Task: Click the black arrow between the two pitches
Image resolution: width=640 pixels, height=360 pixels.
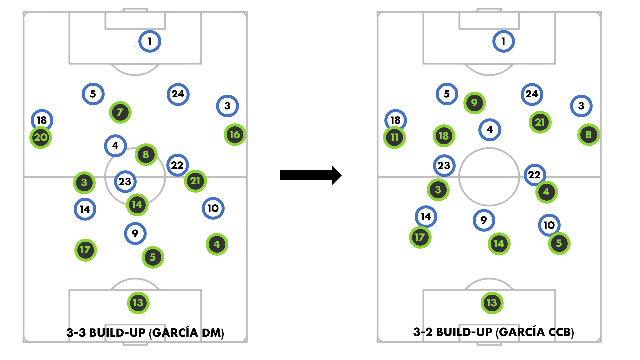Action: (310, 175)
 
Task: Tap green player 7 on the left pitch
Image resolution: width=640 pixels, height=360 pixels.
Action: (120, 112)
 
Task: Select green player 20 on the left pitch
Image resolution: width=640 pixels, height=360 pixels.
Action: (41, 137)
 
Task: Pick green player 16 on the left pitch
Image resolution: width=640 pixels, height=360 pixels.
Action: (235, 135)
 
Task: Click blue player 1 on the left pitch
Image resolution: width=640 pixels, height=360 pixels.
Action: (150, 41)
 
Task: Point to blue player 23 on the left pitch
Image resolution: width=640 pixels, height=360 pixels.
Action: (125, 182)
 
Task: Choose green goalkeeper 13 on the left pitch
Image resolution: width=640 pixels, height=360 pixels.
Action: (138, 303)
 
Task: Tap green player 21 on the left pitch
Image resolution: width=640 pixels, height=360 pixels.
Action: (195, 181)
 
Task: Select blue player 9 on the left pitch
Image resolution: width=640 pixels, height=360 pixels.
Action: (135, 233)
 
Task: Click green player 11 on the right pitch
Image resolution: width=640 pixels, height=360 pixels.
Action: (394, 137)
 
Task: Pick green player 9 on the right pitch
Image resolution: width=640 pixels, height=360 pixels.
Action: (474, 103)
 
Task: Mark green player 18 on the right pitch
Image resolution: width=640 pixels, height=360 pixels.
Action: (444, 136)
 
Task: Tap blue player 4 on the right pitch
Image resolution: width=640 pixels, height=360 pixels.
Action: (489, 130)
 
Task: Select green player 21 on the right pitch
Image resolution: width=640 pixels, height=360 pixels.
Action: (540, 122)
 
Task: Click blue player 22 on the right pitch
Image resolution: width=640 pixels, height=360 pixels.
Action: (534, 175)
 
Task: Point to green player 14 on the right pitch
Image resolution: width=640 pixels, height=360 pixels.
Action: (499, 244)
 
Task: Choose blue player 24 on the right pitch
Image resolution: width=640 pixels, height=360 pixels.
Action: (532, 94)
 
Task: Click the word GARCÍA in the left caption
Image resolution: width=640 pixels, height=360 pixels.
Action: (175, 333)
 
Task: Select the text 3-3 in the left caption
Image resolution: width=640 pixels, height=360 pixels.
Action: (76, 333)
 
